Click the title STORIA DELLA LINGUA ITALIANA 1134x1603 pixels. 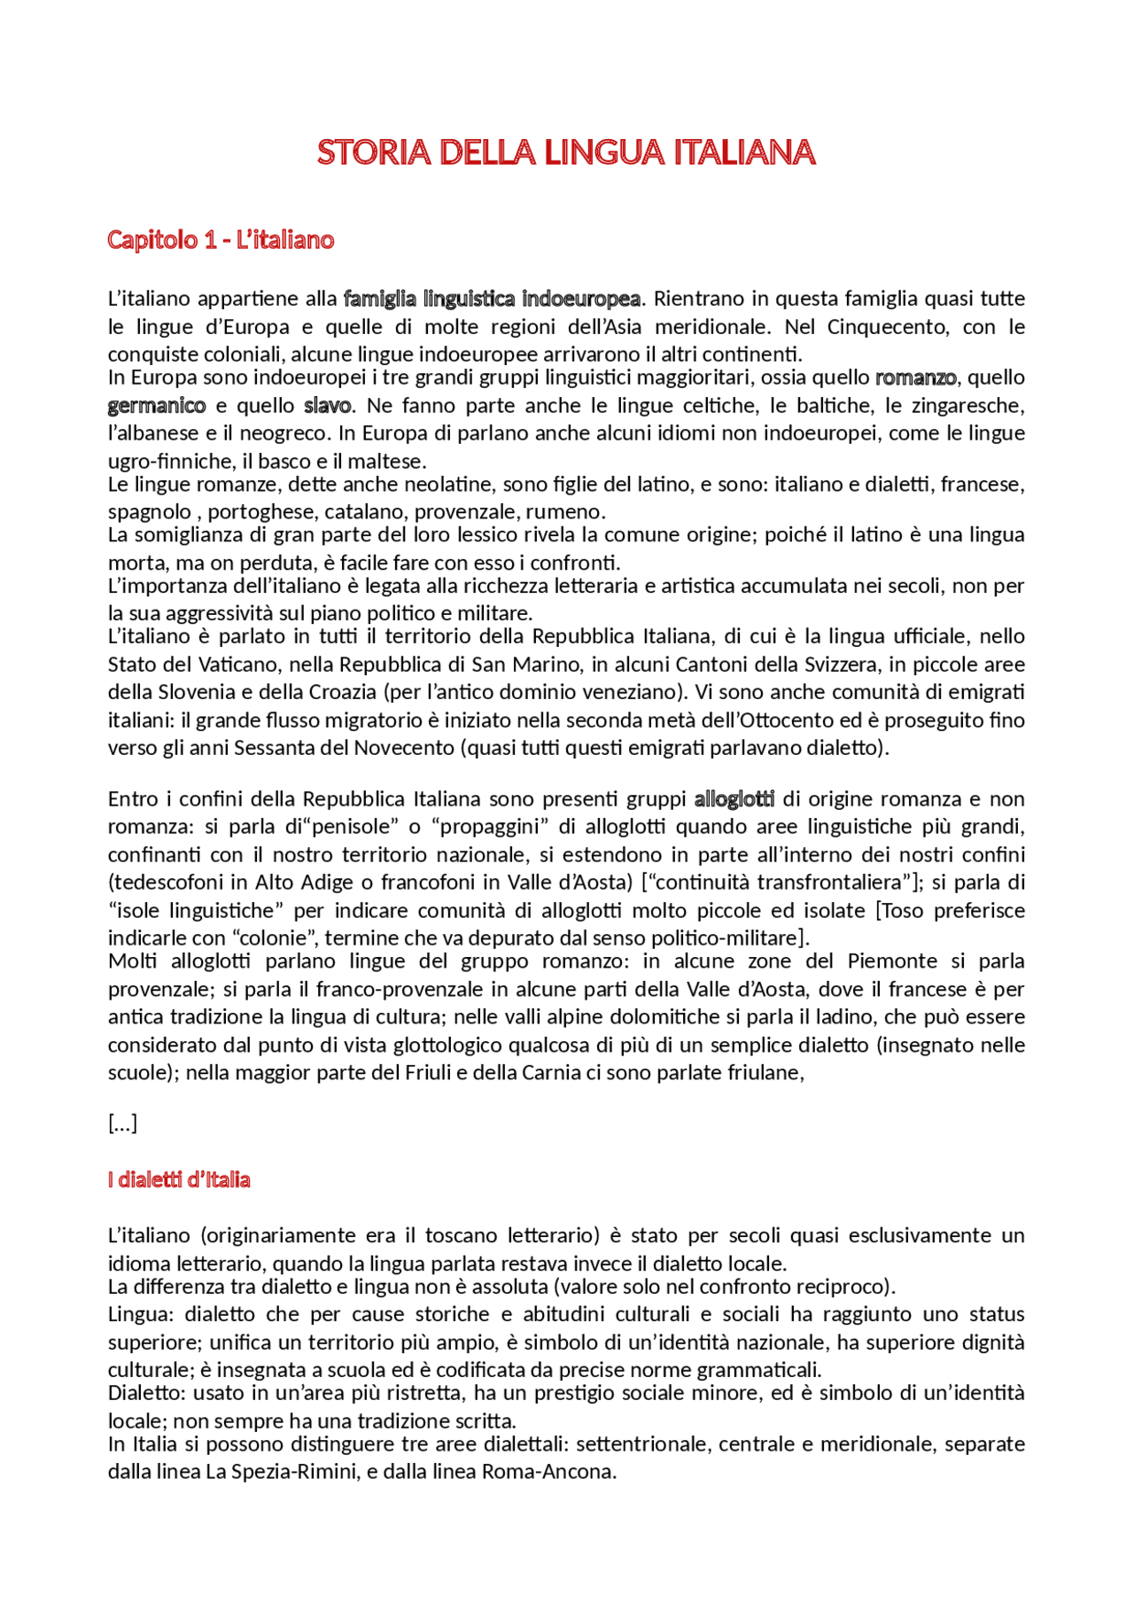566,152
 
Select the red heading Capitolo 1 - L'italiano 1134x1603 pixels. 221,240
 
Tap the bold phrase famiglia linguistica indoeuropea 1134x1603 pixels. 492,299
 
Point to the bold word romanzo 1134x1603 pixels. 916,377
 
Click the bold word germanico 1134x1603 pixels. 157,406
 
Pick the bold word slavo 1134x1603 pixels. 328,406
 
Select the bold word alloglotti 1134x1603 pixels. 734,799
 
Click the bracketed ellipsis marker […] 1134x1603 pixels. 122,1124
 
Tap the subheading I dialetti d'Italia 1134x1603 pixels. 179,1179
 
